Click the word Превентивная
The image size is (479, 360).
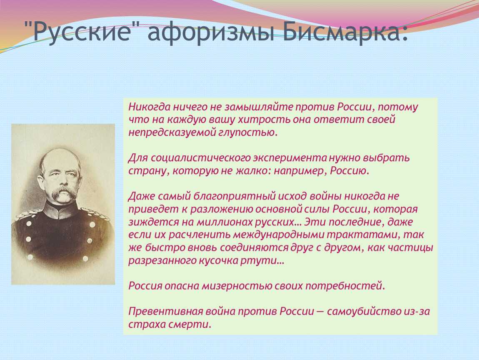(166, 311)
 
